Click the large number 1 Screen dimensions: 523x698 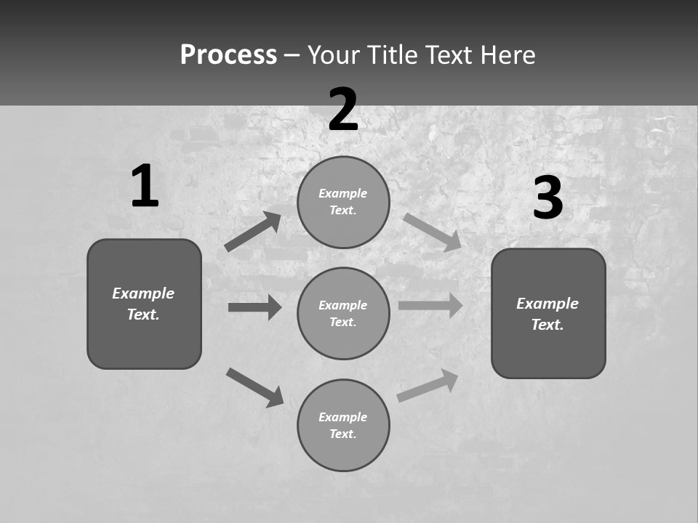click(145, 187)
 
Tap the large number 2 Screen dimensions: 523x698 click(343, 110)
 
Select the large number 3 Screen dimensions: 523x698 click(547, 198)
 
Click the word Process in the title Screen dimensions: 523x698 click(228, 54)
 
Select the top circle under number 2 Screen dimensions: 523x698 click(343, 202)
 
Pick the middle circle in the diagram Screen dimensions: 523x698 click(343, 314)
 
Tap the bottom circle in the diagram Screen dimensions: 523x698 click(343, 426)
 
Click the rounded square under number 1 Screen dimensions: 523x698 click(144, 304)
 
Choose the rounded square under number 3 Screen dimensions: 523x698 click(548, 314)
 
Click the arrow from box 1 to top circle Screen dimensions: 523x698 click(253, 232)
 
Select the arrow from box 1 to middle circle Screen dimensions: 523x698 click(254, 307)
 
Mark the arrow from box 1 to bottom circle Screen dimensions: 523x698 click(254, 387)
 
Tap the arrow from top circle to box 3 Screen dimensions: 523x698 click(432, 232)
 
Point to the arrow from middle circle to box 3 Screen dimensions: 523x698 click(430, 305)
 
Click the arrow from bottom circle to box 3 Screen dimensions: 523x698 click(428, 386)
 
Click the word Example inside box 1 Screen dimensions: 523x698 click(143, 293)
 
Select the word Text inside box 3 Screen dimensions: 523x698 click(547, 325)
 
